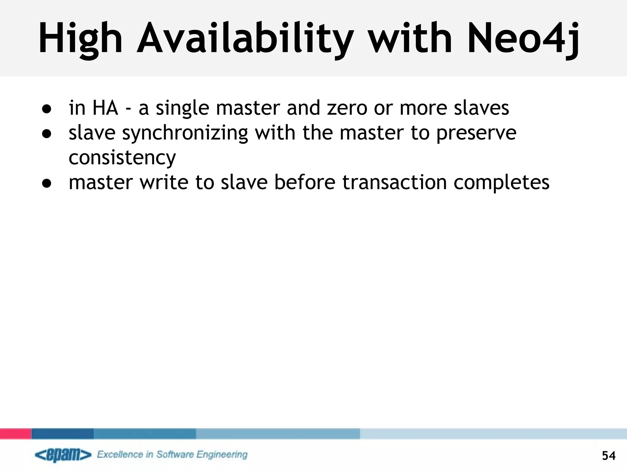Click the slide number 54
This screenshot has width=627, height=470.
609,456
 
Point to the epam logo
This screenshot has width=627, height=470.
63,455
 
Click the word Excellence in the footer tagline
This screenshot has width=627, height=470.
120,454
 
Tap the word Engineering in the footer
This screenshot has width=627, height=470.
222,455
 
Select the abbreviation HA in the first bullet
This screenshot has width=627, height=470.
105,108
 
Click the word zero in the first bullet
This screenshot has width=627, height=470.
347,108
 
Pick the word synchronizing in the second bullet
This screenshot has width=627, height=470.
185,133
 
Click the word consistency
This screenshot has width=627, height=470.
122,158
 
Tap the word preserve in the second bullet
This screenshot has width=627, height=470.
476,133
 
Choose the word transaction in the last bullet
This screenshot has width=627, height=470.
394,183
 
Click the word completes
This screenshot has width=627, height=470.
501,183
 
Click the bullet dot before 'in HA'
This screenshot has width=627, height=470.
47,109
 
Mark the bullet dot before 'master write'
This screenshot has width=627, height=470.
47,183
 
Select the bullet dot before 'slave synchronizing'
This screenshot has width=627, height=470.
47,134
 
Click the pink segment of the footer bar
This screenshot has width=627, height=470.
16,434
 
